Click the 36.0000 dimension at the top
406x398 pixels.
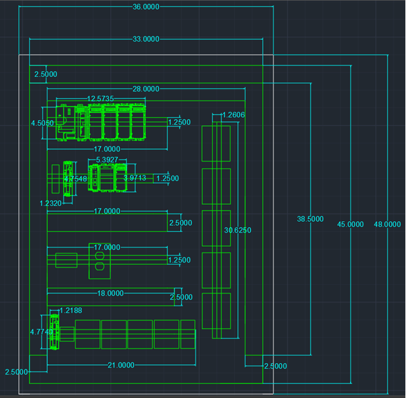tap(146, 7)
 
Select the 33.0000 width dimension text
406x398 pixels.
tap(146, 39)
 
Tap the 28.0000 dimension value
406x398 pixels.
tap(146, 90)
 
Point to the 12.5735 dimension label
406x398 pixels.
tap(101, 99)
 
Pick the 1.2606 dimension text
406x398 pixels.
tap(232, 115)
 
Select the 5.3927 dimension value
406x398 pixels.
tap(107, 160)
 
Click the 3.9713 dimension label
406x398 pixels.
tap(135, 178)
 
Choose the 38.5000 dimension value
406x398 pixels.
tap(310, 219)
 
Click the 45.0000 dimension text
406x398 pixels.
tap(351, 224)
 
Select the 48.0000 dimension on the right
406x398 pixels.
tap(388, 224)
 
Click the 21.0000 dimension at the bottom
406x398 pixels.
tap(121, 366)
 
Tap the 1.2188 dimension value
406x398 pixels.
tap(70, 310)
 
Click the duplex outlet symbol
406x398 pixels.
tap(99, 261)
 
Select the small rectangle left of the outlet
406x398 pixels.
tap(66, 261)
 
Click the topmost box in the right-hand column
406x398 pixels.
tap(216, 143)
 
